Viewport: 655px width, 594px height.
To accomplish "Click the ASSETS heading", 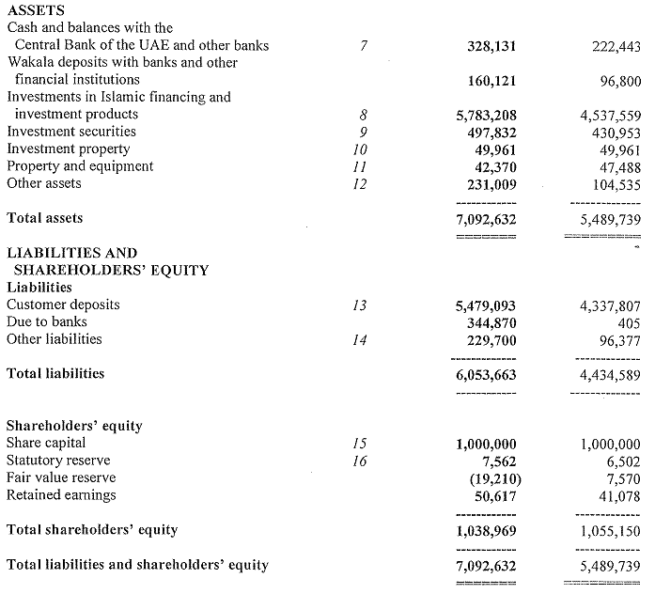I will (x=36, y=10).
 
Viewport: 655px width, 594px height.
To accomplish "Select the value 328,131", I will (x=491, y=46).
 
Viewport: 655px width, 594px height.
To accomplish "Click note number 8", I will (x=364, y=115).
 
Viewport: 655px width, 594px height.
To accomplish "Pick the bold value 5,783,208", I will (x=486, y=116).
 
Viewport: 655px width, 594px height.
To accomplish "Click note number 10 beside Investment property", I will (x=359, y=149).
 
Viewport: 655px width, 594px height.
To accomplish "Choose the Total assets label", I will (x=44, y=218).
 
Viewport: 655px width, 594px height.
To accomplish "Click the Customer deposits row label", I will (x=63, y=305).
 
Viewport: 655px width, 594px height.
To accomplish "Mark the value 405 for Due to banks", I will (x=630, y=322).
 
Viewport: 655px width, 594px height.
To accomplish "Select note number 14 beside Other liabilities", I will (x=359, y=340).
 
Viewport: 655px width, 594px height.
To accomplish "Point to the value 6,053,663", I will (x=486, y=375).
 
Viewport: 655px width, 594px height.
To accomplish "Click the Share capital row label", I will (x=46, y=443).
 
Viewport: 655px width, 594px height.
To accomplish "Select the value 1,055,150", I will (x=611, y=531).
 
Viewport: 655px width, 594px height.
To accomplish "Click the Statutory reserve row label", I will (x=58, y=461).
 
